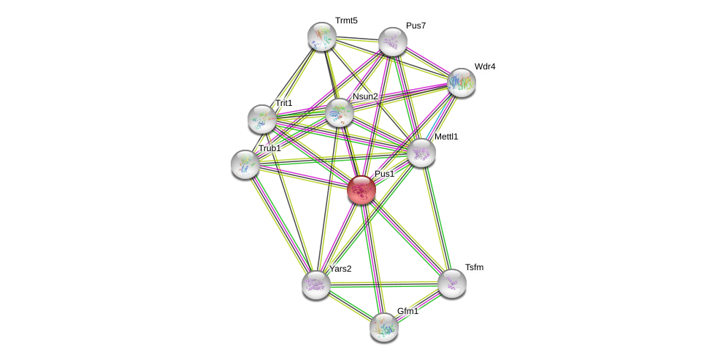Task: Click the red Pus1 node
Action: point(361,190)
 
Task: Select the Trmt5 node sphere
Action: point(321,37)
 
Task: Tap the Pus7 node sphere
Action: point(392,42)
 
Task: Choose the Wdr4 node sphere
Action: point(462,83)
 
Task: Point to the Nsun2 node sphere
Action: point(340,112)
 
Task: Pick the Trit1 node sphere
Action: point(262,119)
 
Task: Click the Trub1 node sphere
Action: point(245,164)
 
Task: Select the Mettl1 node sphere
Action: point(421,153)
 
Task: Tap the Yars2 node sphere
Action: point(316,285)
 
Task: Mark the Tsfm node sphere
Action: point(452,283)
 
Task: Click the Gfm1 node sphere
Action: point(384,327)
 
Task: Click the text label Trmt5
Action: point(346,20)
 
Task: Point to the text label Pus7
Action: point(416,26)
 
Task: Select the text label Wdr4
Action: point(485,66)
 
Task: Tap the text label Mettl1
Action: point(446,137)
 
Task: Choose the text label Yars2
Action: point(340,269)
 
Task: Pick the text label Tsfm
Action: point(474,267)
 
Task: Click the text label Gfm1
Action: point(408,311)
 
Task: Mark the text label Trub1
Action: point(269,148)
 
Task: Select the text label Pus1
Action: point(384,174)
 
